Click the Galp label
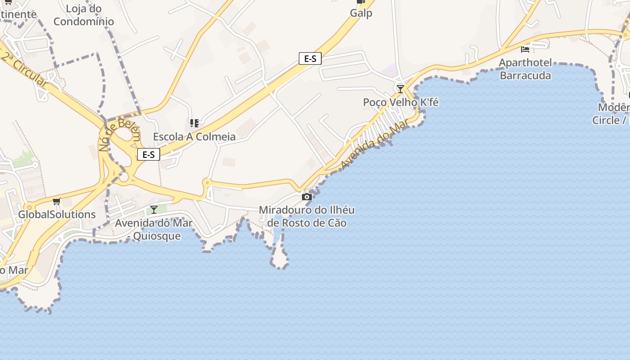[361, 13]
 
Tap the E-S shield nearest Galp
[310, 58]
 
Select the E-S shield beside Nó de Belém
[148, 154]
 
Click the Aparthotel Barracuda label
[525, 69]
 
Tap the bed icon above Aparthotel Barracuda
[525, 49]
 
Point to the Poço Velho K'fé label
[400, 103]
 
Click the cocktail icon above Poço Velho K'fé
[400, 88]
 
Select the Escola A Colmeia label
[194, 137]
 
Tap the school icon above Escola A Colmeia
[194, 123]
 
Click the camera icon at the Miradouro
[307, 197]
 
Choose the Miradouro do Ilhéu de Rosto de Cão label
[307, 216]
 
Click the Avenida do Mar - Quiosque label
[154, 229]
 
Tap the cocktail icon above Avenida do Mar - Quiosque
[154, 209]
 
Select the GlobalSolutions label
[57, 215]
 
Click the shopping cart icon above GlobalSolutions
[56, 201]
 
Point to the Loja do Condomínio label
[84, 15]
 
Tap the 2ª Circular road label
[25, 70]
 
